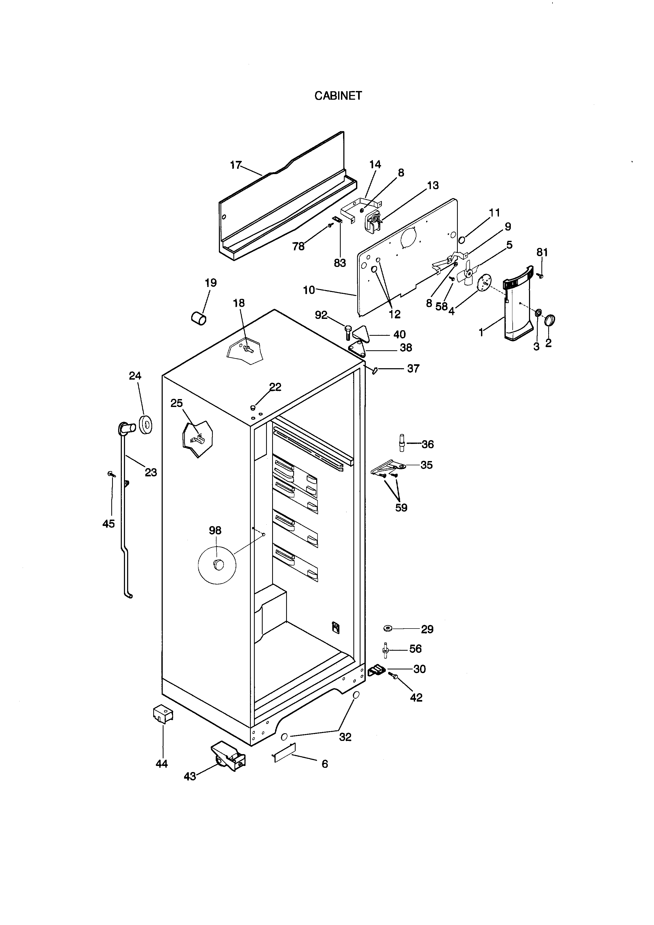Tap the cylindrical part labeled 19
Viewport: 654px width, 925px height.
(199, 318)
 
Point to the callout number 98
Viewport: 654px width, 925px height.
(215, 531)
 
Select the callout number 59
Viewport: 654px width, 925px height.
(401, 508)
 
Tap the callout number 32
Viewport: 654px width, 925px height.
(345, 737)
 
